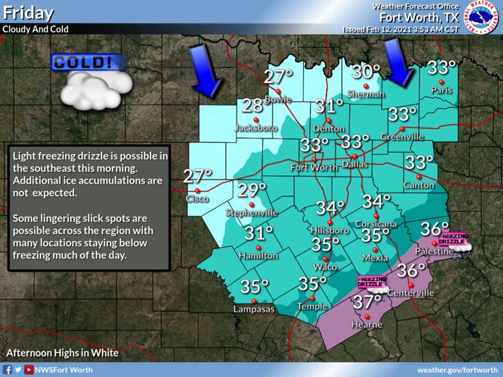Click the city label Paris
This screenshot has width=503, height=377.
(436, 90)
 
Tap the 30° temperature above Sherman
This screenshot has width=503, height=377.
(366, 71)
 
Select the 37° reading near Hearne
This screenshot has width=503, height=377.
(368, 301)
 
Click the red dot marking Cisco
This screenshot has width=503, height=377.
(196, 190)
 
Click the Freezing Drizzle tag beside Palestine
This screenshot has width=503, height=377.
(452, 239)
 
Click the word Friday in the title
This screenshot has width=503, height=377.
(28, 13)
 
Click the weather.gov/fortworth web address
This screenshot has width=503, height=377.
(457, 370)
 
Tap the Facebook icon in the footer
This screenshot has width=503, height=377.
(7, 370)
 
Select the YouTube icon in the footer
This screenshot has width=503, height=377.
(28, 370)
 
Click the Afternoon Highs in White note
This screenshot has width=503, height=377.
(62, 353)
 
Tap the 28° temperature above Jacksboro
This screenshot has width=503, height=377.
(253, 106)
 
